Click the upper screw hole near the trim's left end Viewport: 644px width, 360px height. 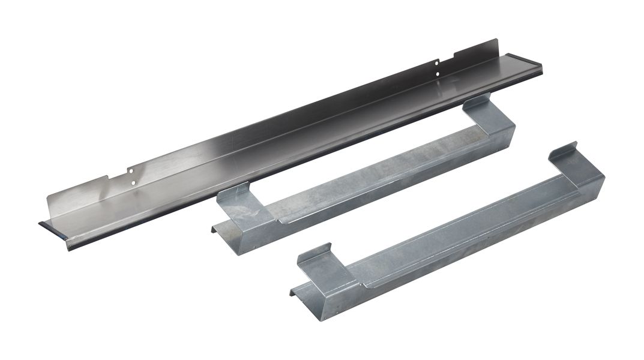pos(132,170)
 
